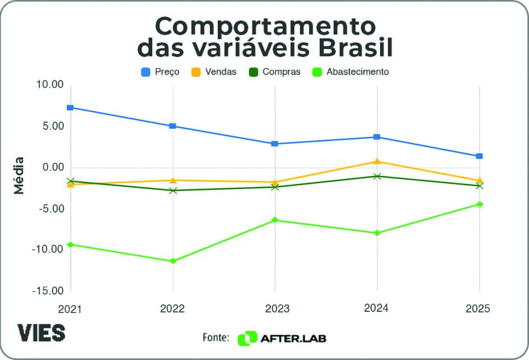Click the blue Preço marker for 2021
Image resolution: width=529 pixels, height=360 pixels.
pos(71,107)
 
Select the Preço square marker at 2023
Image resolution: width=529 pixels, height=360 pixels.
pos(275,144)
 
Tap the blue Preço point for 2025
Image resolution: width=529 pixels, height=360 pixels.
pos(480,156)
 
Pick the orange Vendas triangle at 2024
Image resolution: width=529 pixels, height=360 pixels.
pos(377,162)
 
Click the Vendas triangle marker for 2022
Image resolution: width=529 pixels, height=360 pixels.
pos(173,180)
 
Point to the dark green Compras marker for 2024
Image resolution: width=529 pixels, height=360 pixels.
pos(377,176)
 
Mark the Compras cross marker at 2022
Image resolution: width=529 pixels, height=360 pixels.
pos(173,190)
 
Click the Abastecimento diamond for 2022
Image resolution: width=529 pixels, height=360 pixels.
pos(173,261)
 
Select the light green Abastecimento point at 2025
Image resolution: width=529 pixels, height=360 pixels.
pos(480,204)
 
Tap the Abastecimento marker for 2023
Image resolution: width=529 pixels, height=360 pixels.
pos(275,220)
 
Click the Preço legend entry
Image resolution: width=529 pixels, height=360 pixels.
pos(160,72)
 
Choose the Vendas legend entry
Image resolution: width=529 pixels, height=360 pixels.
pos(214,72)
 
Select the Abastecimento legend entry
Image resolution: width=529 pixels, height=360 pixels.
pos(350,72)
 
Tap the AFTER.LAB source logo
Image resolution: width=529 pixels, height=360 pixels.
pos(283,338)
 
